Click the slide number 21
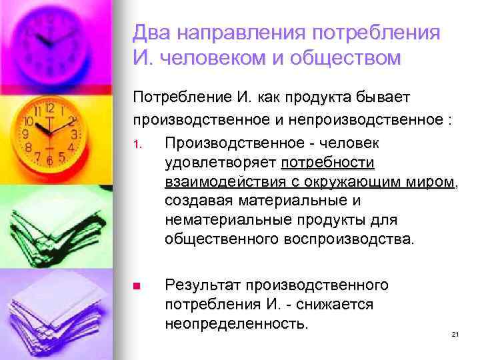pos(456,335)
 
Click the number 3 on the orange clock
pos(74,134)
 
